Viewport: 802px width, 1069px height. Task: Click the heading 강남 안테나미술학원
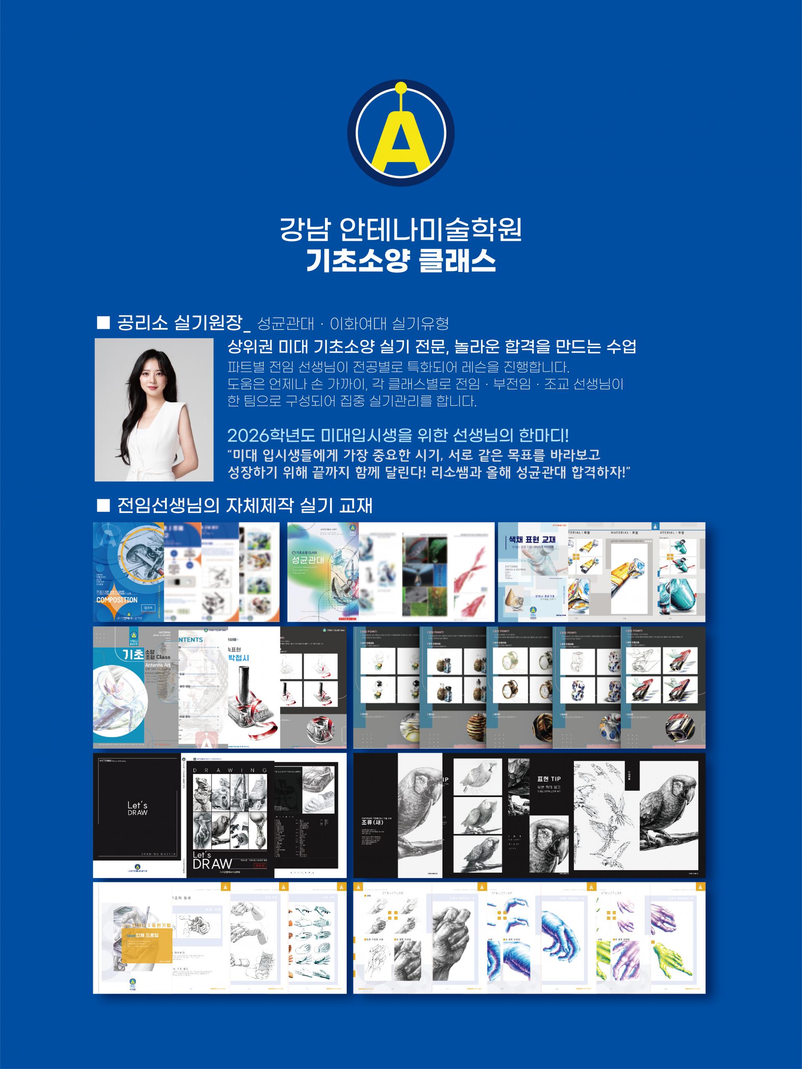(x=401, y=230)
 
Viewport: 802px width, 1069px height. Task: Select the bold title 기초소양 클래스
(x=401, y=261)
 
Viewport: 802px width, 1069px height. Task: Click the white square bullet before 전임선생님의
(x=104, y=505)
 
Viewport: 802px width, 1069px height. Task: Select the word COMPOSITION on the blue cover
(x=117, y=600)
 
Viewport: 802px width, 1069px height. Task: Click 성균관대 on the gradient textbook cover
(x=308, y=560)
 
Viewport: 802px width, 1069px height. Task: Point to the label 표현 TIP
(x=549, y=779)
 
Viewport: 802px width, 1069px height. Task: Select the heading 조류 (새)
(x=373, y=822)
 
